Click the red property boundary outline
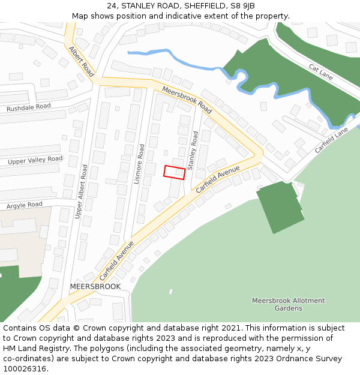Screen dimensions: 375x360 click(175, 172)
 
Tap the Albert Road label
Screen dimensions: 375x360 click(81, 62)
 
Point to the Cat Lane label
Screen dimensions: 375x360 click(320, 73)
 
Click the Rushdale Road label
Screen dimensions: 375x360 click(28, 108)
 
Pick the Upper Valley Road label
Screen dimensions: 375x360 click(35, 160)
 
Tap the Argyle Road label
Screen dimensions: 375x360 click(25, 205)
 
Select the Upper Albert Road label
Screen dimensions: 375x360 click(80, 191)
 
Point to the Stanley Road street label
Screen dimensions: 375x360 click(193, 151)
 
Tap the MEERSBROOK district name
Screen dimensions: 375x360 click(95, 287)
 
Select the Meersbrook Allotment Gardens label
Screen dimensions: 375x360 click(288, 304)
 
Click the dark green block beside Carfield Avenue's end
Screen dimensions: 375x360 click(280, 207)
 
